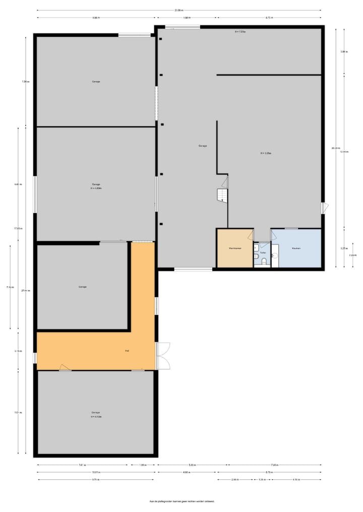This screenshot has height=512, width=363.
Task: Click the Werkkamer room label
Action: (x=234, y=248)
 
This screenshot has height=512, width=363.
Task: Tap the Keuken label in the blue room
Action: (x=296, y=248)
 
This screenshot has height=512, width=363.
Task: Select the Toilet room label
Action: (x=263, y=253)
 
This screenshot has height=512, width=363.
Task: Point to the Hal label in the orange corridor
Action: (x=128, y=350)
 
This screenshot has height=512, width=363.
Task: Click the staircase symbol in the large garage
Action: (x=222, y=194)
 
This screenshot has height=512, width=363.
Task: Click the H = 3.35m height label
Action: (x=266, y=153)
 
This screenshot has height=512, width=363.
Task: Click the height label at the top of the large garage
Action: (x=240, y=32)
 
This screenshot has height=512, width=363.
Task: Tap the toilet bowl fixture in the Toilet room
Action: (x=257, y=257)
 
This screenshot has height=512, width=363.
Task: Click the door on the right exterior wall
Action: (x=325, y=207)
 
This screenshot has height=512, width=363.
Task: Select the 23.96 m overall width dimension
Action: (x=178, y=10)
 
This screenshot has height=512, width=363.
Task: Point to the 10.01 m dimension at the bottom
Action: (x=96, y=472)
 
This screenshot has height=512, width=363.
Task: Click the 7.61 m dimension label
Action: (x=82, y=465)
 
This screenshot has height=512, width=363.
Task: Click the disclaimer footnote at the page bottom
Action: (x=182, y=501)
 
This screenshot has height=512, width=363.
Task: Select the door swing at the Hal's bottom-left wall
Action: (x=64, y=368)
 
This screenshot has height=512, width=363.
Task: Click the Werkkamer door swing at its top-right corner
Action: (x=251, y=234)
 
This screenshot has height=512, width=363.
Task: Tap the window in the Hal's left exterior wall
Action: (x=35, y=357)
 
